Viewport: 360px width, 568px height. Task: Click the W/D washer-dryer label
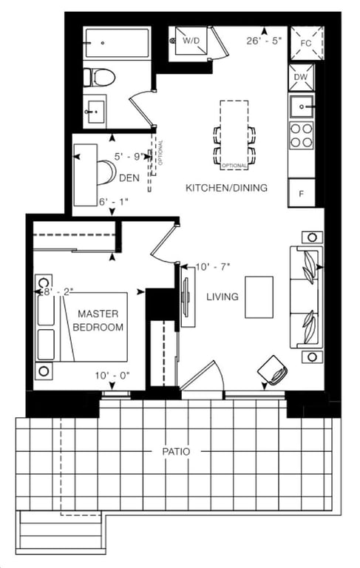click(191, 41)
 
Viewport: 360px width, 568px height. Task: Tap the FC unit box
click(306, 44)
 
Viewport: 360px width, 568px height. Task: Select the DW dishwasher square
click(301, 77)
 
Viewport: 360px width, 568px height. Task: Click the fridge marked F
click(301, 194)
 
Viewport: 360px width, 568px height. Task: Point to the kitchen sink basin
click(302, 106)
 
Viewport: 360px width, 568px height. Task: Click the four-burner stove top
click(302, 135)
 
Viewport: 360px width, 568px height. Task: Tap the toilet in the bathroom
click(99, 78)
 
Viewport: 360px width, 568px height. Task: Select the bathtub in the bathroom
click(118, 43)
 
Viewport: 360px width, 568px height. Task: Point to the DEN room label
click(129, 177)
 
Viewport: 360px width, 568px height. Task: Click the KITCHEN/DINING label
click(226, 188)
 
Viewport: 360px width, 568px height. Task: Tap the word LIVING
click(223, 297)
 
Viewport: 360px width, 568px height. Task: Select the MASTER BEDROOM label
click(98, 320)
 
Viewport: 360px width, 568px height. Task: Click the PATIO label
click(176, 452)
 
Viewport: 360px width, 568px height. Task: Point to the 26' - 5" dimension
click(264, 41)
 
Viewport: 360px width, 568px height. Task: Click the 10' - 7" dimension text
click(213, 267)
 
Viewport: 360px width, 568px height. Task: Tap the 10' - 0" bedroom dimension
click(112, 376)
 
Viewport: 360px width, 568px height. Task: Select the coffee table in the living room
click(259, 297)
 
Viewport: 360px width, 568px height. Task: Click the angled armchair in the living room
click(274, 370)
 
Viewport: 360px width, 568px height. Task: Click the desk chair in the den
click(106, 172)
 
